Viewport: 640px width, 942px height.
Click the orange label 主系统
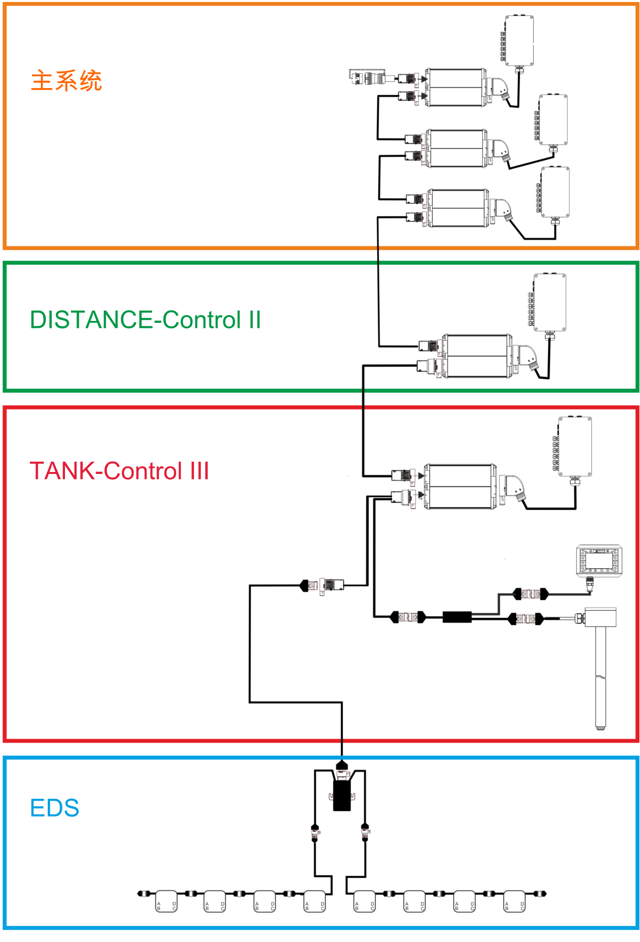coord(66,81)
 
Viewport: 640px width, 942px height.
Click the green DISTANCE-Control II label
coord(145,320)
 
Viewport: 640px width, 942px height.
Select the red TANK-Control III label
coord(120,471)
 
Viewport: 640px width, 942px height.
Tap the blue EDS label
coord(55,808)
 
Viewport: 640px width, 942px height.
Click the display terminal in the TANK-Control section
coord(599,560)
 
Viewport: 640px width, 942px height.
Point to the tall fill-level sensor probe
coord(600,669)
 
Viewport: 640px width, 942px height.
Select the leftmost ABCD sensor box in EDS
coord(166,901)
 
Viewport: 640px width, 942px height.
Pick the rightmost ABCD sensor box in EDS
coord(514,901)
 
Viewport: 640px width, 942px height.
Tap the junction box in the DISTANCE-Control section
coord(550,302)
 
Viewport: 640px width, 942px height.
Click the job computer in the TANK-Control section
coord(460,486)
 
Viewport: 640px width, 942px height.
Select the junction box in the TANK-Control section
coord(575,446)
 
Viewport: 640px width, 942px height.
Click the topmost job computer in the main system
coord(455,88)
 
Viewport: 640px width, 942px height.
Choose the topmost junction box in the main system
coord(519,40)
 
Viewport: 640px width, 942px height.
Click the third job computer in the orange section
coord(458,208)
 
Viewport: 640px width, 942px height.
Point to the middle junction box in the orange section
coord(553,120)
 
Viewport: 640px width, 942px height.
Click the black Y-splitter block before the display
coord(457,617)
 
